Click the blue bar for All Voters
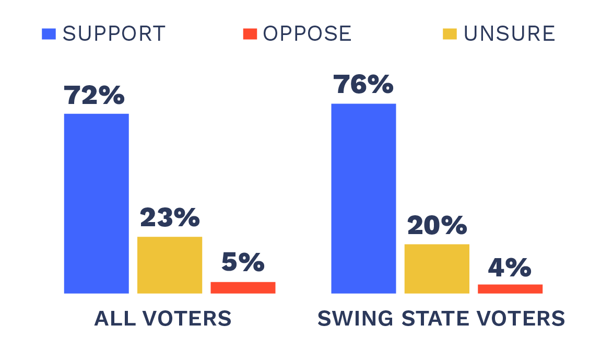pos(97,203)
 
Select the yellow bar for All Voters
pos(170,265)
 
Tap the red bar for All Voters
pos(243,287)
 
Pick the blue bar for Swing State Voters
pos(363,199)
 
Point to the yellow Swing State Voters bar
pos(437,269)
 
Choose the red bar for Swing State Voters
pos(510,289)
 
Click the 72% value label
pos(94,95)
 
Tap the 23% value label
pos(169,218)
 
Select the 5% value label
pos(242,262)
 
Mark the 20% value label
pos(437,225)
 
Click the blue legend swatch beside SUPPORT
pos(49,34)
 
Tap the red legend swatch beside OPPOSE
pos(250,34)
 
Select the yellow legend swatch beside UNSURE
pos(450,34)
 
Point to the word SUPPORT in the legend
pos(114,34)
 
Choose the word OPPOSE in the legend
pos(307,34)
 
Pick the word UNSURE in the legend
pos(509,34)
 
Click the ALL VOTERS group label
pos(163,319)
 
